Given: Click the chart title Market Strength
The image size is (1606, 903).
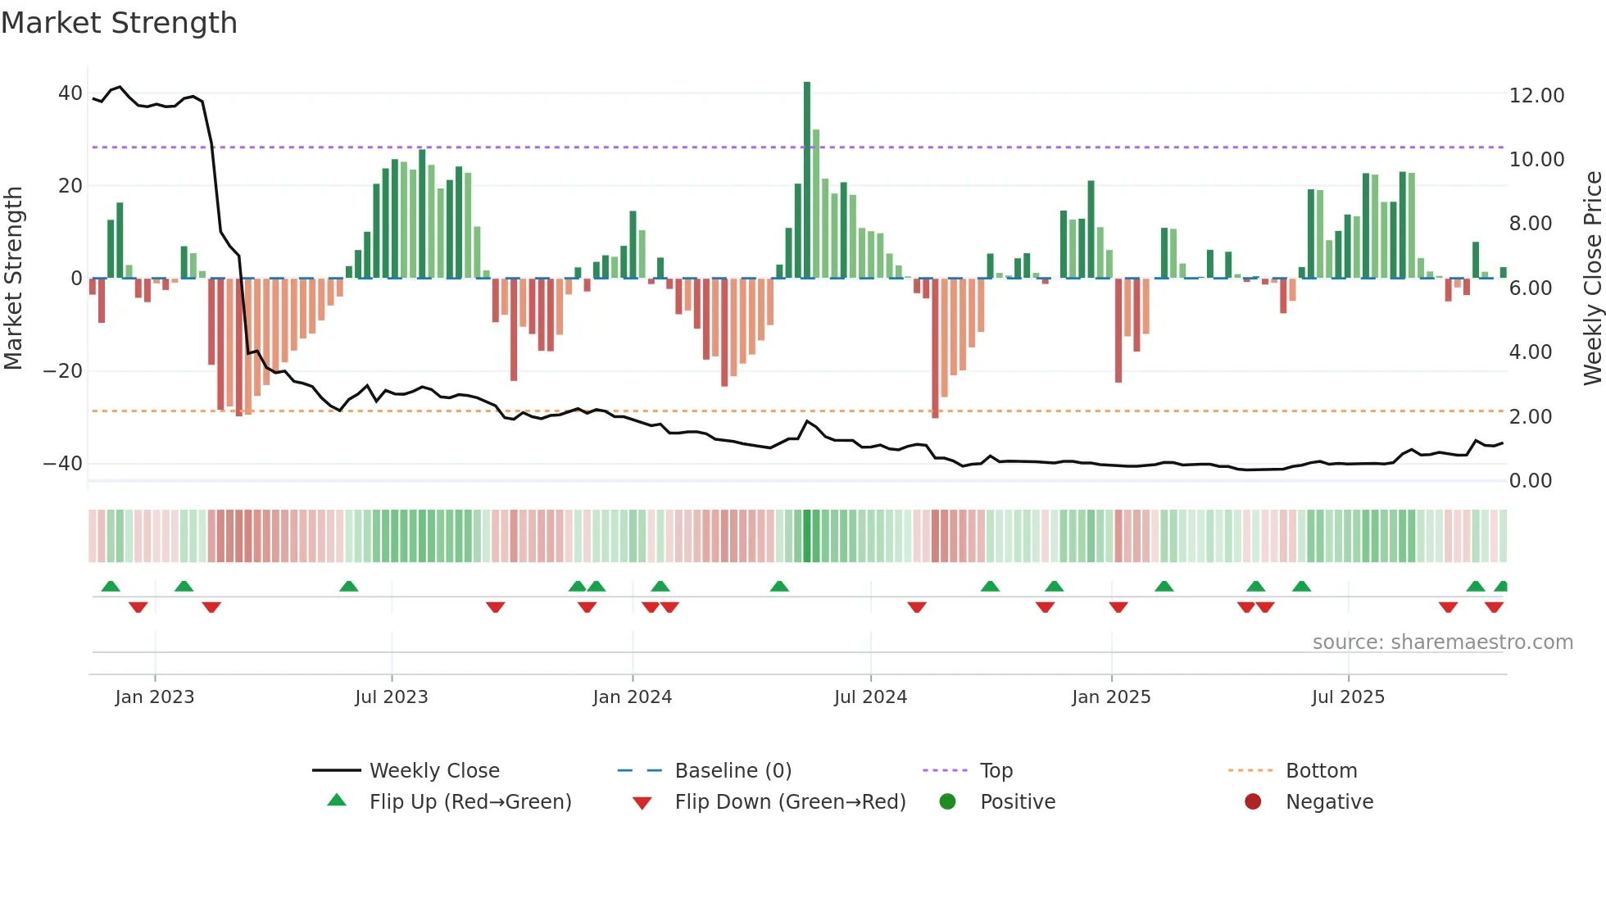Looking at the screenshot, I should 119,23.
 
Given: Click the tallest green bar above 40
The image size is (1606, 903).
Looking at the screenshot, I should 807,180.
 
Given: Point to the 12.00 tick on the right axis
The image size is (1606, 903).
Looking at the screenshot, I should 1536,96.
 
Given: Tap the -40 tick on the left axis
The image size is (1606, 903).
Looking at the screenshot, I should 63,464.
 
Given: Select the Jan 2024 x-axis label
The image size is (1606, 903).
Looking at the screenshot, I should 632,697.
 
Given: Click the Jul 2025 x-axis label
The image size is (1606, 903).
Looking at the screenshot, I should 1348,697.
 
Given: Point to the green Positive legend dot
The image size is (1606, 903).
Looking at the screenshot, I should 948,802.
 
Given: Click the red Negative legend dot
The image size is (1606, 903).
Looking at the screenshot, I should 1253,802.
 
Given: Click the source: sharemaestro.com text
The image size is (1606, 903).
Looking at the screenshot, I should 1442,642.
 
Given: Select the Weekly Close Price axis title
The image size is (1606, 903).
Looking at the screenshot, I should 1592,279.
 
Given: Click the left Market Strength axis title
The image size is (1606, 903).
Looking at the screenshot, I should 14,279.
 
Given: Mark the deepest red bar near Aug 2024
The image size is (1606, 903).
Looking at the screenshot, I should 935,348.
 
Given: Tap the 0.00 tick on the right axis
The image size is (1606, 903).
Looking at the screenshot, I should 1530,481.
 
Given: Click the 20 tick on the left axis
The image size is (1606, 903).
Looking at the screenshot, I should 70,186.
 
